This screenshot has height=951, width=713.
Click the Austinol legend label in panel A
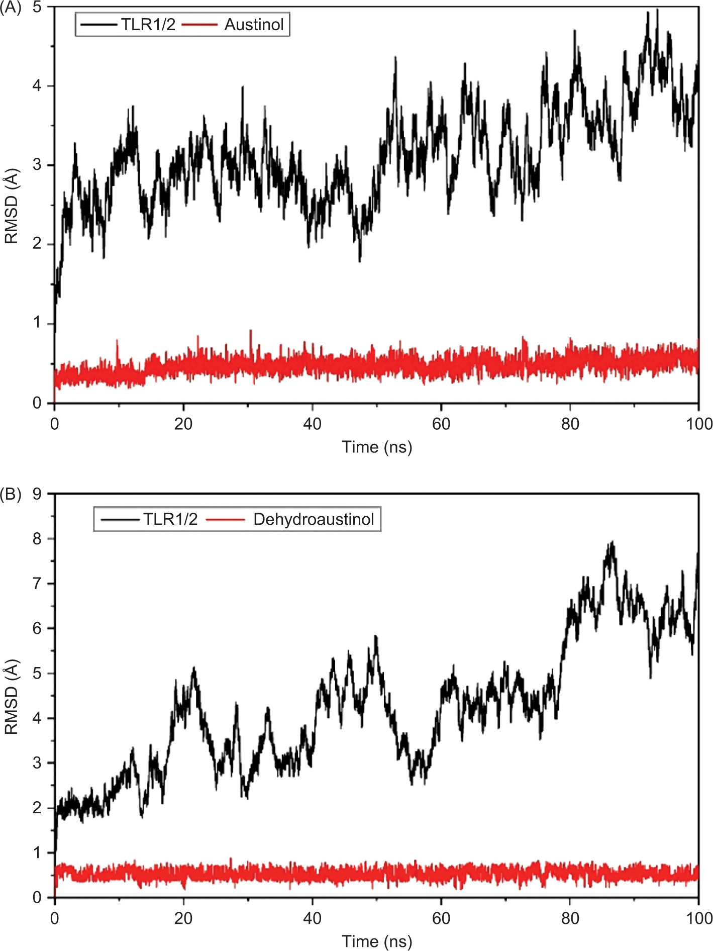[254, 25]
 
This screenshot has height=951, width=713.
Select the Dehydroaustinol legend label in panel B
[314, 519]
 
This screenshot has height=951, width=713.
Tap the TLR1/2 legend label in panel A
[148, 25]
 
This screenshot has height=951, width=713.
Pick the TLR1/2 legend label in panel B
[170, 519]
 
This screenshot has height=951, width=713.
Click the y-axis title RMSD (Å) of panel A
[11, 206]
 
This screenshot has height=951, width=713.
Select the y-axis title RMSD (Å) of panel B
[11, 696]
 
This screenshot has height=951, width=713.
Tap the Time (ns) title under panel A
[377, 447]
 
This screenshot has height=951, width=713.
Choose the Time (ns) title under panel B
[377, 941]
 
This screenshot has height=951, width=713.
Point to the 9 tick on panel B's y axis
[37, 494]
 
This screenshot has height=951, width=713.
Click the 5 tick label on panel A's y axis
[37, 8]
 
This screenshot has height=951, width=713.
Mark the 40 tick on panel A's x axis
[312, 424]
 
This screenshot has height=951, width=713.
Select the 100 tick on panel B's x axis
[699, 918]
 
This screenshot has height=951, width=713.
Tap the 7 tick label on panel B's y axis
[37, 584]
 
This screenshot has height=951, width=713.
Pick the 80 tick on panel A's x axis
[570, 424]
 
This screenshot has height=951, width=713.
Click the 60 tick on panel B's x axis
[441, 918]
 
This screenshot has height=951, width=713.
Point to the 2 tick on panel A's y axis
[37, 244]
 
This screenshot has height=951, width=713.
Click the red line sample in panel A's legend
[199, 25]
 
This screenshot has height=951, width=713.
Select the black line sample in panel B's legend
[120, 519]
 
